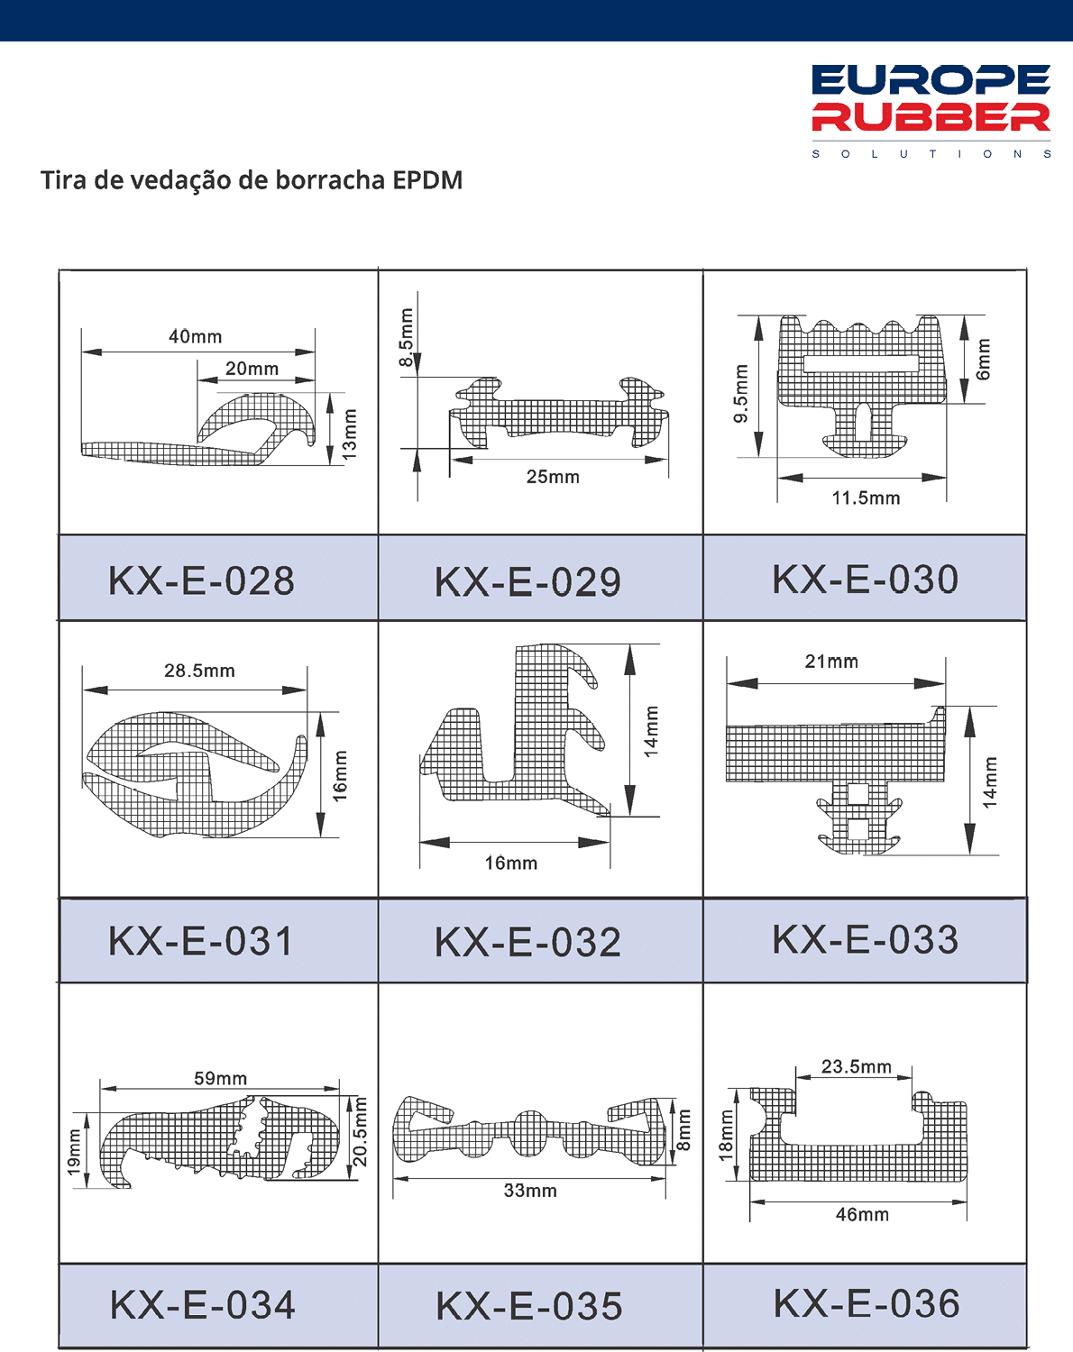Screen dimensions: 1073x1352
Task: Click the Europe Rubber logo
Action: [931, 111]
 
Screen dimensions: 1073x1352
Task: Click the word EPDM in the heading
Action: [427, 180]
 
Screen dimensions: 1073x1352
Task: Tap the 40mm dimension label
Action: [196, 337]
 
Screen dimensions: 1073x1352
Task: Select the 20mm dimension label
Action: [252, 369]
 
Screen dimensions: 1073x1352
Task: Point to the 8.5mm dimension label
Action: [407, 337]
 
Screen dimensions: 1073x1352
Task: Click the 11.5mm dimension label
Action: [866, 498]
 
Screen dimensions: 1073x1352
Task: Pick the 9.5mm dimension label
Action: [742, 393]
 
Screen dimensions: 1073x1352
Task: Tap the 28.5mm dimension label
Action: [199, 671]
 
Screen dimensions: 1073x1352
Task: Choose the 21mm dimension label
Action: [831, 662]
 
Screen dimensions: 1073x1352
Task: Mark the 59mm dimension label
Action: [220, 1078]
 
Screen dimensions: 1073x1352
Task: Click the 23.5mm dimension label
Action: [856, 1066]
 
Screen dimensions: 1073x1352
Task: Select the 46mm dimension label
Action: [862, 1214]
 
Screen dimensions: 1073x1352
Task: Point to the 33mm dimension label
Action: [530, 1191]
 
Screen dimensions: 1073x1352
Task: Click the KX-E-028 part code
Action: [201, 580]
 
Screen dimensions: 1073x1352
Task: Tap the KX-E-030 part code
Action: [865, 579]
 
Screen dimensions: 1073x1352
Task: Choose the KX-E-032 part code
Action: [527, 943]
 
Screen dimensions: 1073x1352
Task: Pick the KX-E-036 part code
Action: [867, 1303]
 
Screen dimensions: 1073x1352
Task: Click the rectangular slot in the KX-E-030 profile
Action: [861, 364]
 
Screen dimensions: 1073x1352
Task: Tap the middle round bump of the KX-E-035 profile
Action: [530, 1133]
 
